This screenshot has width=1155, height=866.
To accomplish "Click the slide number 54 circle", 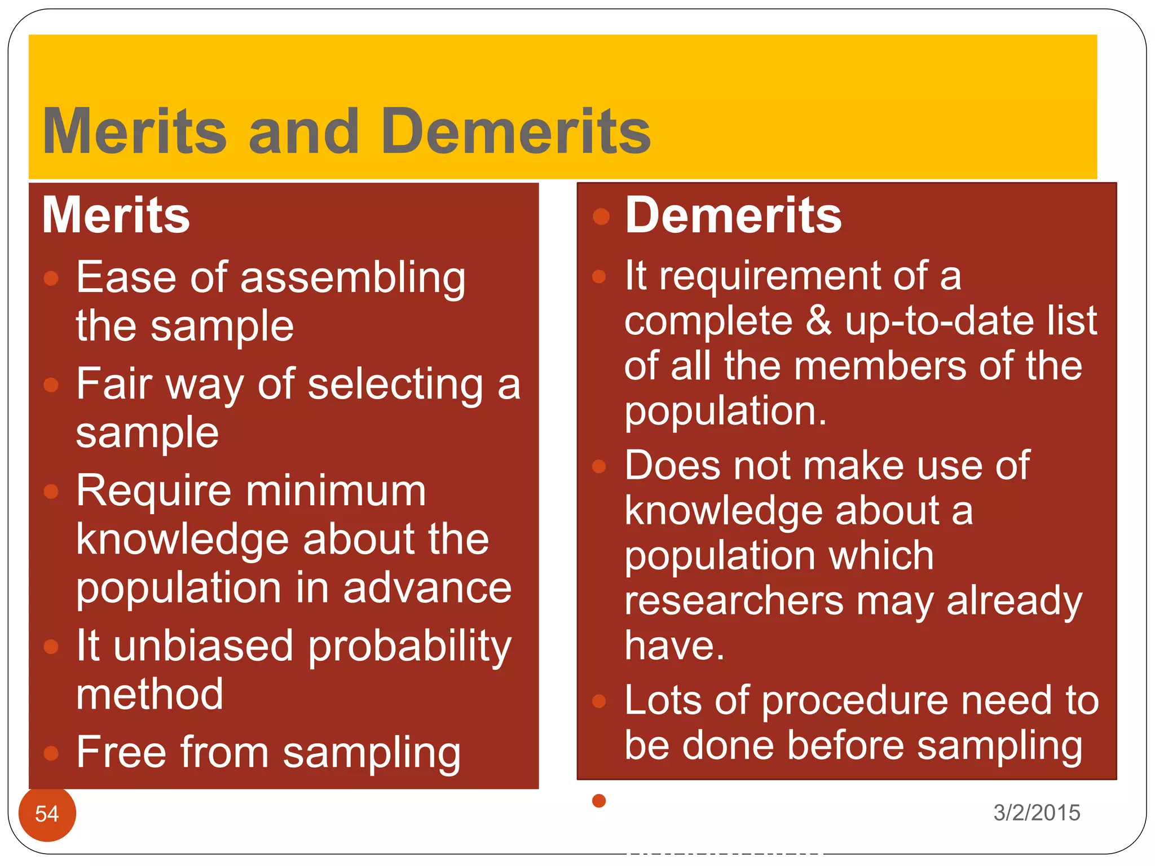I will [x=47, y=813].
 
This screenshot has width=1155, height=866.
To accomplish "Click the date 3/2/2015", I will [x=1037, y=812].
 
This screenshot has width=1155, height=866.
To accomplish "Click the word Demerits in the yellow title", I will [x=515, y=131].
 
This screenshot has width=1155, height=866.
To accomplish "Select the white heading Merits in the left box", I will [x=116, y=215].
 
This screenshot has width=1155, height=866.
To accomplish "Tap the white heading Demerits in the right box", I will [x=733, y=215].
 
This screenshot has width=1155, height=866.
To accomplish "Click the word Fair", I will [x=114, y=384].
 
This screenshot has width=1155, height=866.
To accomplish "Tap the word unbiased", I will [x=203, y=646].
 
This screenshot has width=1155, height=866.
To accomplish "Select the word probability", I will [x=410, y=647].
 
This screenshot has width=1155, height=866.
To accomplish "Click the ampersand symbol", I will [x=818, y=320].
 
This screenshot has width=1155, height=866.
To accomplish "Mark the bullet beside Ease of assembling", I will [x=51, y=278].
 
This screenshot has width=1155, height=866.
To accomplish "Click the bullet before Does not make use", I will [x=599, y=466].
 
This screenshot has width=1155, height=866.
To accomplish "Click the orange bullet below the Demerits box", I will [x=599, y=801].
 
